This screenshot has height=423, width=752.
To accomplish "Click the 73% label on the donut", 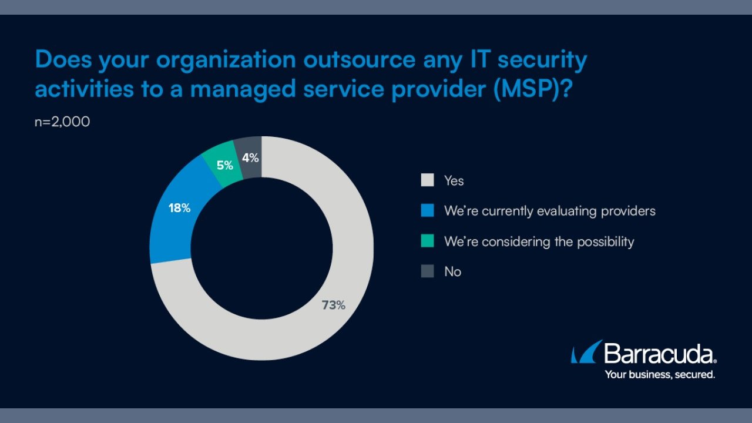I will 333,305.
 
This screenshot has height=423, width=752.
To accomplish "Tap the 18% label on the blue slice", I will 179,208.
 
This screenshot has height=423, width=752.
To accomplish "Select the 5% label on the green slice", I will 224,165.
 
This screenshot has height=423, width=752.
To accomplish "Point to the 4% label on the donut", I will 250,157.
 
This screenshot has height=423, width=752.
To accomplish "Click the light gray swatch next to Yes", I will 427,180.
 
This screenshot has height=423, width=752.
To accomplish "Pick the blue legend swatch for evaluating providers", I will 427,210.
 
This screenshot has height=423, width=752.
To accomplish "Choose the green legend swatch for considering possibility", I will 427,241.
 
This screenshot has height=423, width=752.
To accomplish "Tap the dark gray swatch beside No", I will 427,271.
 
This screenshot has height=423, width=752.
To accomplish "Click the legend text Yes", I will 454,180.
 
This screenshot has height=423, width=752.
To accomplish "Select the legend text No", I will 452,271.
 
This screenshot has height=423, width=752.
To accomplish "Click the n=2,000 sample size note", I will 62,123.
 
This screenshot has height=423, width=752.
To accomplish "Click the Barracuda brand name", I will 660,354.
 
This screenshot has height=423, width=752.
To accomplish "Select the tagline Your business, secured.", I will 660,374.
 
